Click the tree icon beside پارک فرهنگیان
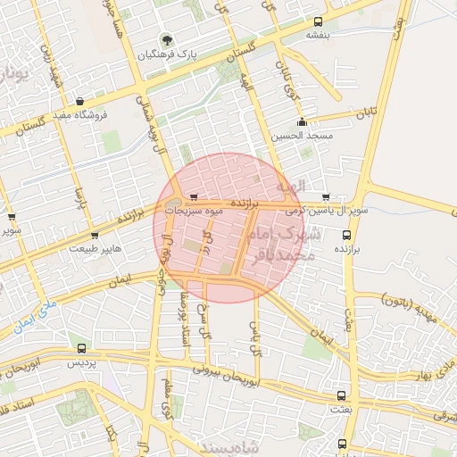point(166,40)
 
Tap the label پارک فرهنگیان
point(166,54)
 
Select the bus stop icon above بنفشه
point(320,21)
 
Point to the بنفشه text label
point(319,35)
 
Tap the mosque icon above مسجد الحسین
point(303,122)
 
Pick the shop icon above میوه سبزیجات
point(194,197)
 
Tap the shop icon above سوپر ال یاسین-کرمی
point(325,197)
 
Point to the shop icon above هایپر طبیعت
point(95,236)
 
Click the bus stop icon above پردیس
point(82,349)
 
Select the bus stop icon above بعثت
point(341,395)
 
